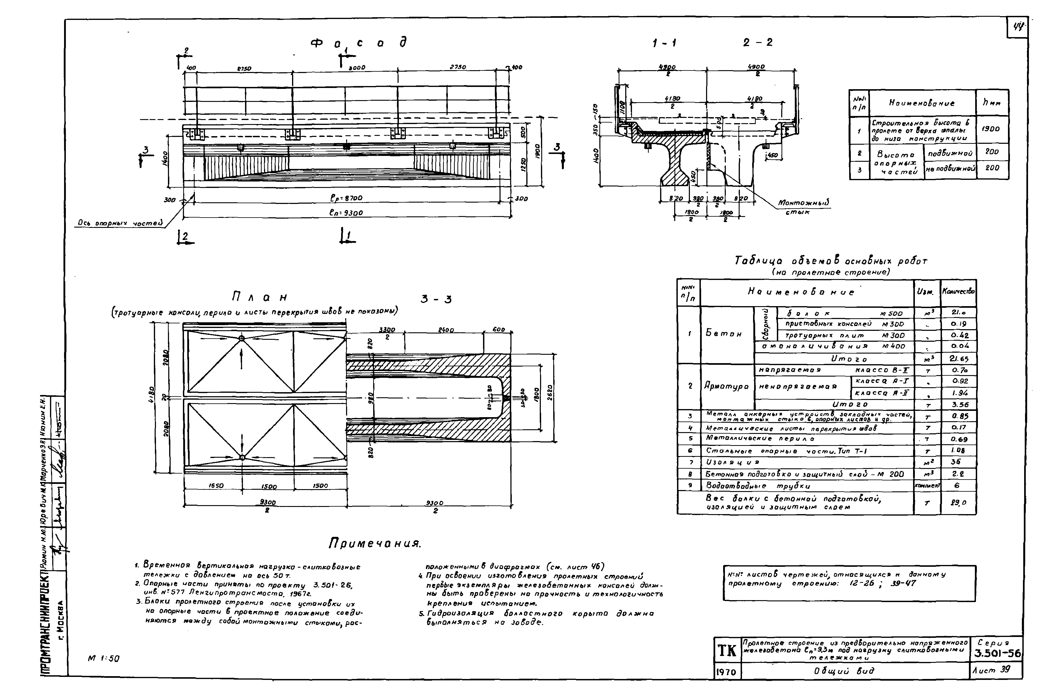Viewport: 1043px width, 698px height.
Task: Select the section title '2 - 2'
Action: (758, 43)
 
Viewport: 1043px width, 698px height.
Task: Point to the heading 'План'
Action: (260, 297)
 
